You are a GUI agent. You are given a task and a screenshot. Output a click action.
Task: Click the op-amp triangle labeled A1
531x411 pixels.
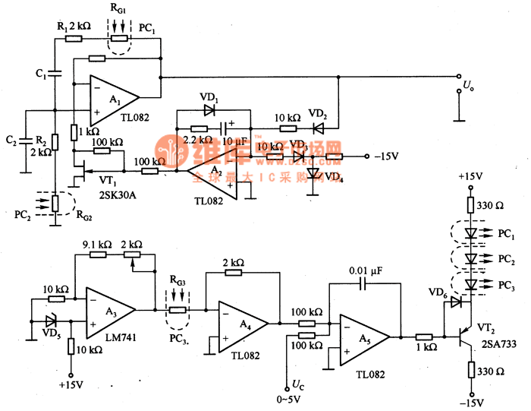point(112,98)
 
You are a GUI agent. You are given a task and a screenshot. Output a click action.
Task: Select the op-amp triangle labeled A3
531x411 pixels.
point(108,310)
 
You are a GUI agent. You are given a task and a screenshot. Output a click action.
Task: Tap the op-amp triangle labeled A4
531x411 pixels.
point(242,323)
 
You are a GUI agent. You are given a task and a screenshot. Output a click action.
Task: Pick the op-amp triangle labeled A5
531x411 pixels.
point(362,336)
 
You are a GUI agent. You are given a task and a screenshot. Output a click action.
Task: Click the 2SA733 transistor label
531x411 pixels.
point(494,344)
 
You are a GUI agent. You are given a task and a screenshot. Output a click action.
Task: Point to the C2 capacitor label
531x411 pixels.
point(11,140)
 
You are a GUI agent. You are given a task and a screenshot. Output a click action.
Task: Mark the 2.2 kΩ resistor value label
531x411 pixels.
point(199,141)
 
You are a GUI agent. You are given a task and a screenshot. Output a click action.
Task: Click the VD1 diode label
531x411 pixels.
point(208,98)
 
